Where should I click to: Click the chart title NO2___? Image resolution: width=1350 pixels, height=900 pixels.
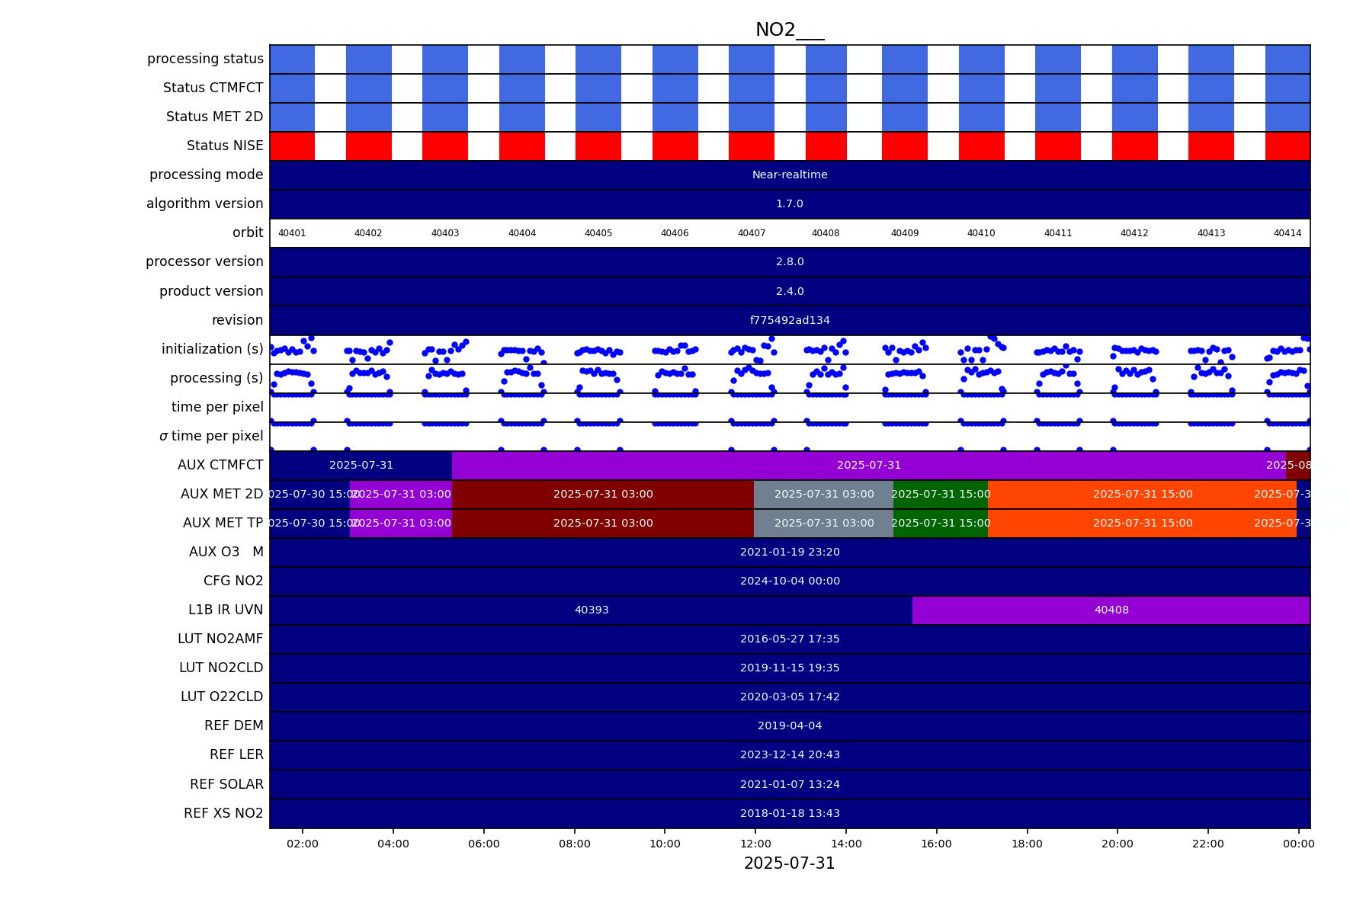click(x=789, y=30)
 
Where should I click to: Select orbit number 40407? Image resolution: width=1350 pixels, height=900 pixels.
click(x=751, y=233)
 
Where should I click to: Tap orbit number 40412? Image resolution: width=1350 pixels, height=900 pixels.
click(x=1134, y=233)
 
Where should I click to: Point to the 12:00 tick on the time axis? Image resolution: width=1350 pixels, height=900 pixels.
click(x=755, y=844)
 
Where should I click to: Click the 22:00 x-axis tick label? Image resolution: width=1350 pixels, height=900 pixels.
click(x=1207, y=844)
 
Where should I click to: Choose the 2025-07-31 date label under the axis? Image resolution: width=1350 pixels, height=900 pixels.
click(x=789, y=863)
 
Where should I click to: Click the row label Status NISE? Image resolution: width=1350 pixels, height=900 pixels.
click(x=224, y=146)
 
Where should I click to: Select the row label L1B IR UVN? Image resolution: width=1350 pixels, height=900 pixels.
click(x=225, y=610)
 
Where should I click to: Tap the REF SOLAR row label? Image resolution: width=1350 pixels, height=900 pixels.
click(x=226, y=784)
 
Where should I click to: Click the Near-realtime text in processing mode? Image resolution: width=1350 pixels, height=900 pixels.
click(x=789, y=175)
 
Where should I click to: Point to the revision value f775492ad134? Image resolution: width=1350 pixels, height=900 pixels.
click(x=789, y=320)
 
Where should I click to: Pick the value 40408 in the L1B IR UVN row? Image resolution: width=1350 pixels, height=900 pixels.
click(x=1111, y=610)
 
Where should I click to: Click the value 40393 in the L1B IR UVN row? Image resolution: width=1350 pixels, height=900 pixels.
click(x=591, y=610)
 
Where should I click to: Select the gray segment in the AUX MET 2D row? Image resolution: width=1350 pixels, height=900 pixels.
click(x=823, y=494)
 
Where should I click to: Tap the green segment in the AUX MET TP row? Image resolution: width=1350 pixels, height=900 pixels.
click(x=940, y=523)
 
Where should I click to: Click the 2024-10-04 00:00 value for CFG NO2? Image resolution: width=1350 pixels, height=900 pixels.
click(x=789, y=581)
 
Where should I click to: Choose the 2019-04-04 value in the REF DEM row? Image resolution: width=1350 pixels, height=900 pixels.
click(x=789, y=725)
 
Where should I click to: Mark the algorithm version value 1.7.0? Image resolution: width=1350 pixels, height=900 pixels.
click(x=789, y=203)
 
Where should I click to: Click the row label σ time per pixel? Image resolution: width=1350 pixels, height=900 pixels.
click(x=211, y=436)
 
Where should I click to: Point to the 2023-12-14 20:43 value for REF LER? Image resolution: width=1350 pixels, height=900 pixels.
click(x=789, y=754)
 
